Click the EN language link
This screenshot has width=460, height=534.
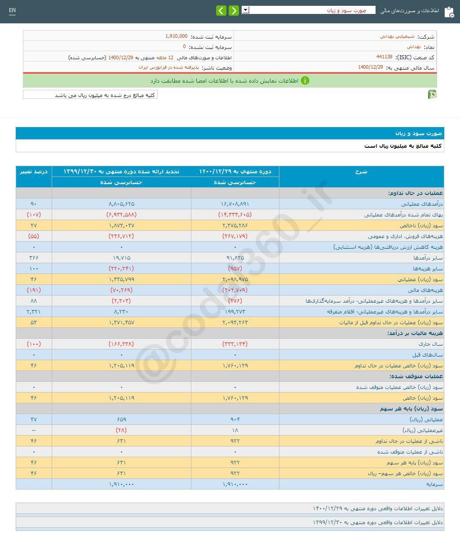tap(12, 10)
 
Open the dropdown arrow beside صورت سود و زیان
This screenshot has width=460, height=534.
tap(245, 10)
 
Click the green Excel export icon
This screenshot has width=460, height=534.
tap(432, 94)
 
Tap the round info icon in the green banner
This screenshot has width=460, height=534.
tap(305, 81)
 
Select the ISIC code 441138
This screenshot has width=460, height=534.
tap(384, 57)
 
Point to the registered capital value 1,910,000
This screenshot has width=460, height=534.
tap(177, 36)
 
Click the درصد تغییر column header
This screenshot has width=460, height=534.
tap(34, 172)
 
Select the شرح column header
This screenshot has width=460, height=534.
tap(361, 172)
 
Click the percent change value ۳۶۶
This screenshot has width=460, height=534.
tap(34, 258)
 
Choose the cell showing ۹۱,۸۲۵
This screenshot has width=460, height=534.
tap(235, 258)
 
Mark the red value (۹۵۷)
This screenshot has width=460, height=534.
tap(235, 269)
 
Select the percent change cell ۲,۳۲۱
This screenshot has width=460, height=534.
tap(34, 312)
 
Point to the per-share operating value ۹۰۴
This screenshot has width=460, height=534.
tap(235, 419)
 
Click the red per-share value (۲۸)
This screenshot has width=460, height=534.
tap(121, 430)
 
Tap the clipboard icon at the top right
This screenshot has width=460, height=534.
tap(449, 12)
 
